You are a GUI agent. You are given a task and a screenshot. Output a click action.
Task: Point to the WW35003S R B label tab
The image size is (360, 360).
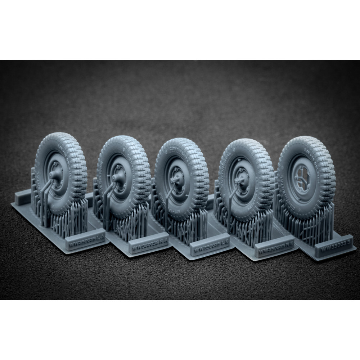(271, 248)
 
